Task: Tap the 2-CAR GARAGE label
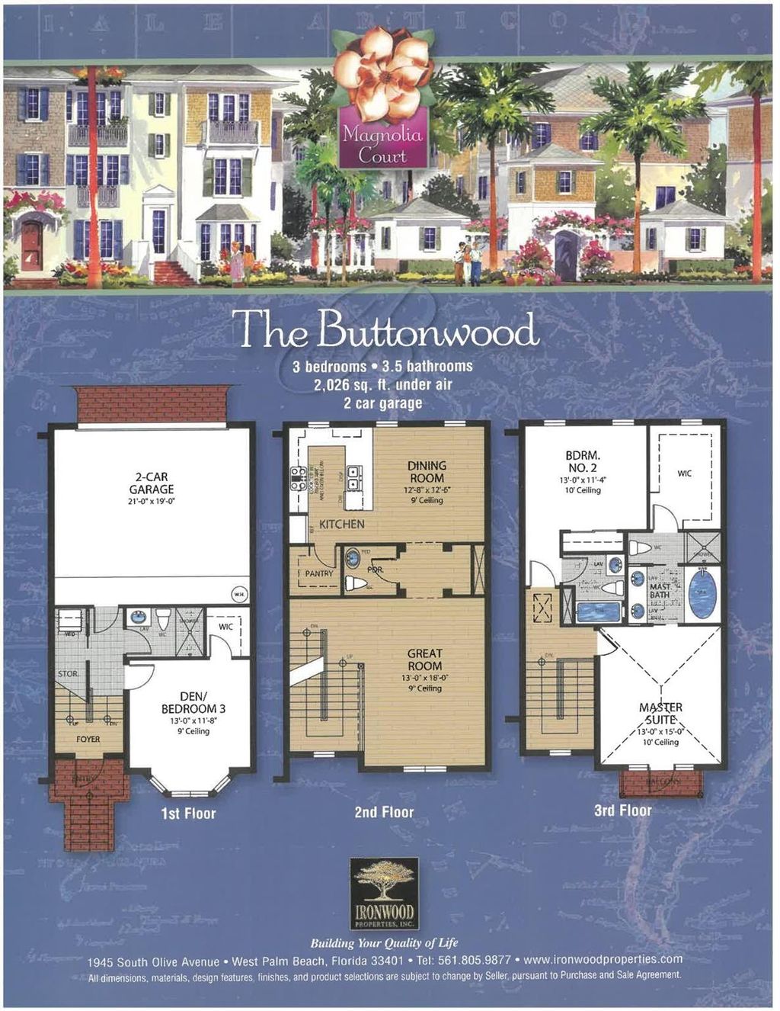[x=152, y=484]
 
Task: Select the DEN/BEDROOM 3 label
[x=193, y=702]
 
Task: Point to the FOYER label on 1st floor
[x=88, y=739]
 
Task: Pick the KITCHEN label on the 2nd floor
[x=341, y=525]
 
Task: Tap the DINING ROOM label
[x=427, y=472]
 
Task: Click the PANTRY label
[x=319, y=573]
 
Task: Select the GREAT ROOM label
[x=424, y=660]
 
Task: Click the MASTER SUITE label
[x=660, y=714]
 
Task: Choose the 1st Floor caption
[x=188, y=814]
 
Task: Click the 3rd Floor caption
[x=622, y=810]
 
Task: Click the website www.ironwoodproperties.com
[x=603, y=960]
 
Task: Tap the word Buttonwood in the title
[x=427, y=331]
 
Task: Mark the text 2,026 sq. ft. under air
[x=382, y=384]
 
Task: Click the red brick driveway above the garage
[x=152, y=404]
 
